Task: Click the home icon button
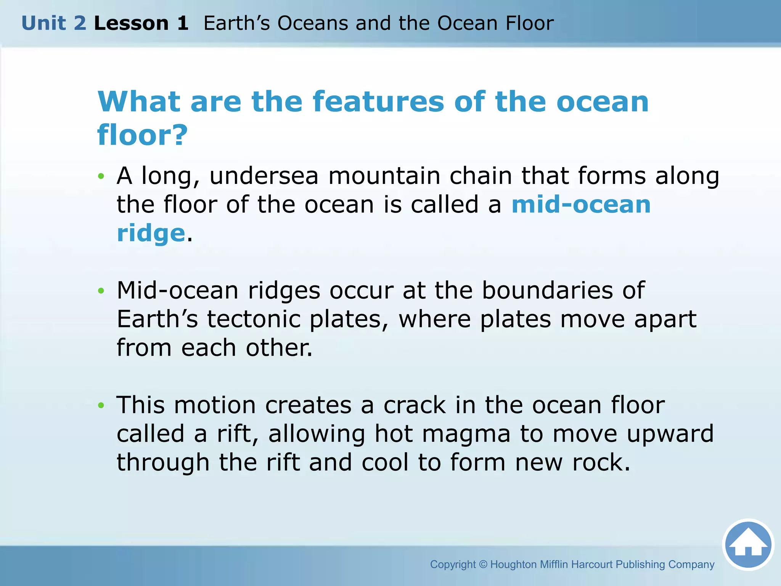(x=748, y=544)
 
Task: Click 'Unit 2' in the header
(x=54, y=23)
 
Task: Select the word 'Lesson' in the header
(x=131, y=23)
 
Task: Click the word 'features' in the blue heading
(x=378, y=102)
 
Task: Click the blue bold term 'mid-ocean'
(x=581, y=204)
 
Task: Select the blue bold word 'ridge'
(x=151, y=233)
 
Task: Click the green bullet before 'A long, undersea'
(x=101, y=176)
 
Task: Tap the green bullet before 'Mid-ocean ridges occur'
(x=101, y=291)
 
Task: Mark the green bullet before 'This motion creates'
(x=101, y=405)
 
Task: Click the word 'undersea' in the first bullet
(x=264, y=176)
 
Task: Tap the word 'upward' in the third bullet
(x=670, y=434)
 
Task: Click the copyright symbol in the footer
(x=483, y=564)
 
